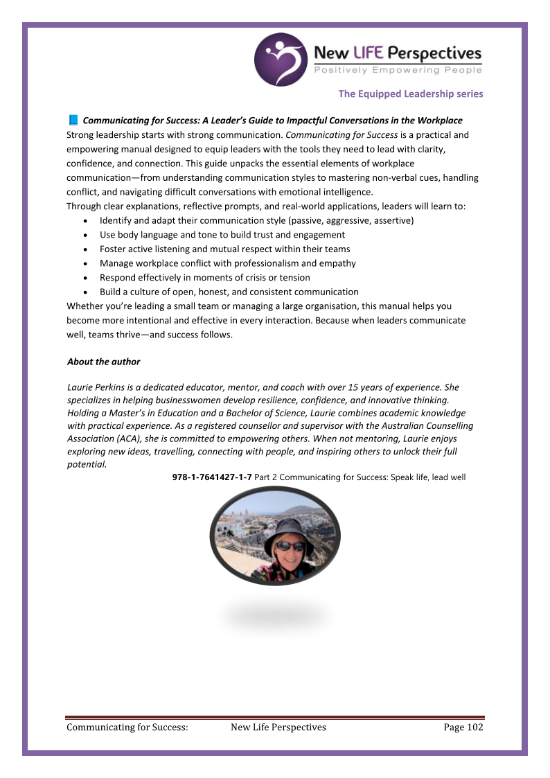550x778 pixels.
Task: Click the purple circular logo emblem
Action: pos(281,59)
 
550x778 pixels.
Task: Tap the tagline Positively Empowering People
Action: pos(398,71)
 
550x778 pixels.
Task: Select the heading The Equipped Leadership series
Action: pos(411,94)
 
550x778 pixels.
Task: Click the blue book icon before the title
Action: pos(73,121)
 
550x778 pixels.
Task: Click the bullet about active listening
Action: pos(224,249)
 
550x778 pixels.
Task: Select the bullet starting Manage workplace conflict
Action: pos(227,263)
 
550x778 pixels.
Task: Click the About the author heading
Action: pos(103,362)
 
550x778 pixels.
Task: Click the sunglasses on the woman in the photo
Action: pos(290,546)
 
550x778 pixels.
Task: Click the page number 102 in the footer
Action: pos(474,727)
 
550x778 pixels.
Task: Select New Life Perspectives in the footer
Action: pos(278,727)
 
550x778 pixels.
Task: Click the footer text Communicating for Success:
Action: pos(127,727)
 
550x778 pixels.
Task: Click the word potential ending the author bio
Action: pos(87,465)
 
